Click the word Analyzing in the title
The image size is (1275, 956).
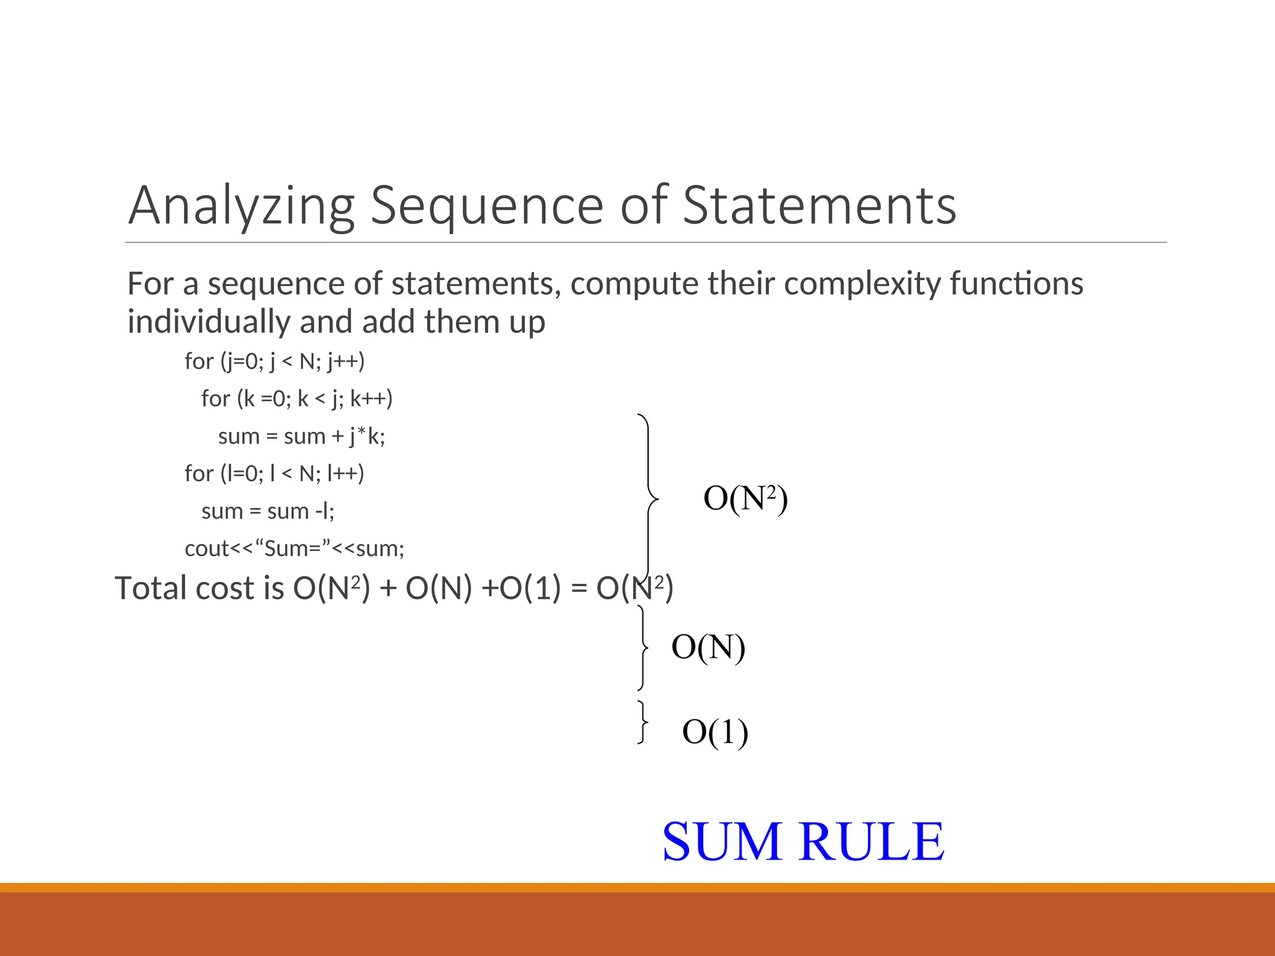(x=241, y=206)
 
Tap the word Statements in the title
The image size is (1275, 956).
(x=819, y=206)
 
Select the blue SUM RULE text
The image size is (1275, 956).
(x=803, y=841)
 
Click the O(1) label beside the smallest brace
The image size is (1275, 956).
(x=715, y=732)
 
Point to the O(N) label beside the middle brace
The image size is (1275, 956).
(x=708, y=647)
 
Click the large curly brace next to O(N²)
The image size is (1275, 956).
(x=649, y=498)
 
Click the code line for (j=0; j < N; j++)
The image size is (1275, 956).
(x=275, y=362)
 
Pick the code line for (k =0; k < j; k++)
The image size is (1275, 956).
(x=297, y=399)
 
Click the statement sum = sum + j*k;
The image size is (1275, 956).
(x=301, y=436)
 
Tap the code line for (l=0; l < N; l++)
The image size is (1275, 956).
(x=275, y=474)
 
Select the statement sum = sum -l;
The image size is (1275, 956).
(x=268, y=512)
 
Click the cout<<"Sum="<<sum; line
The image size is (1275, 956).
(x=294, y=549)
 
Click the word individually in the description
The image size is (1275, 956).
(x=209, y=322)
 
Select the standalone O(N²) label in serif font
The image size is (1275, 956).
(x=745, y=499)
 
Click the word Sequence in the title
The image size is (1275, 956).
(x=487, y=206)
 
